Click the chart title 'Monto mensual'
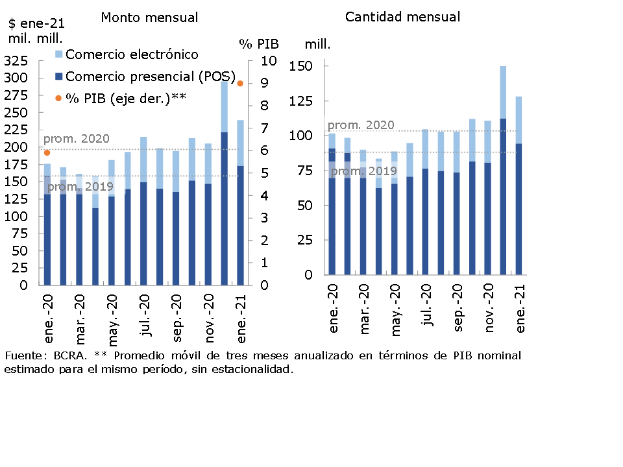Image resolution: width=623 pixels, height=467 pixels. pos(149,18)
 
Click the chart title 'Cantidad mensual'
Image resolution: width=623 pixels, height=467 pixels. pos(402,17)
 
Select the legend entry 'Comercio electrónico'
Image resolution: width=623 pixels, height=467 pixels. pos(132,54)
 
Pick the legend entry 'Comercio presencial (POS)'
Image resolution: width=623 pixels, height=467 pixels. pos(151,77)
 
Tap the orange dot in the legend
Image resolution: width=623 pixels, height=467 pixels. pos(58,98)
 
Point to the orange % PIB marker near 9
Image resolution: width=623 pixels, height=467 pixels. pos(239,83)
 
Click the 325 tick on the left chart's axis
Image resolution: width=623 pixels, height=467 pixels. pos(16,61)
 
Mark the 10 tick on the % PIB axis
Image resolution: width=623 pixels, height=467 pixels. pos(269,61)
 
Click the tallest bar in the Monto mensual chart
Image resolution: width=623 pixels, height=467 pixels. pos(224,182)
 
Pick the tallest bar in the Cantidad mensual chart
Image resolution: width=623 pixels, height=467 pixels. pos(503,169)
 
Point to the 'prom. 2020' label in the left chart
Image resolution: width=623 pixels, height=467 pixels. pos(76,139)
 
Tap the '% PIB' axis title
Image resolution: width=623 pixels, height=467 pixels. pos(259,44)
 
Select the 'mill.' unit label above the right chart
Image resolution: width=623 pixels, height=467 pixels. pos(318,44)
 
